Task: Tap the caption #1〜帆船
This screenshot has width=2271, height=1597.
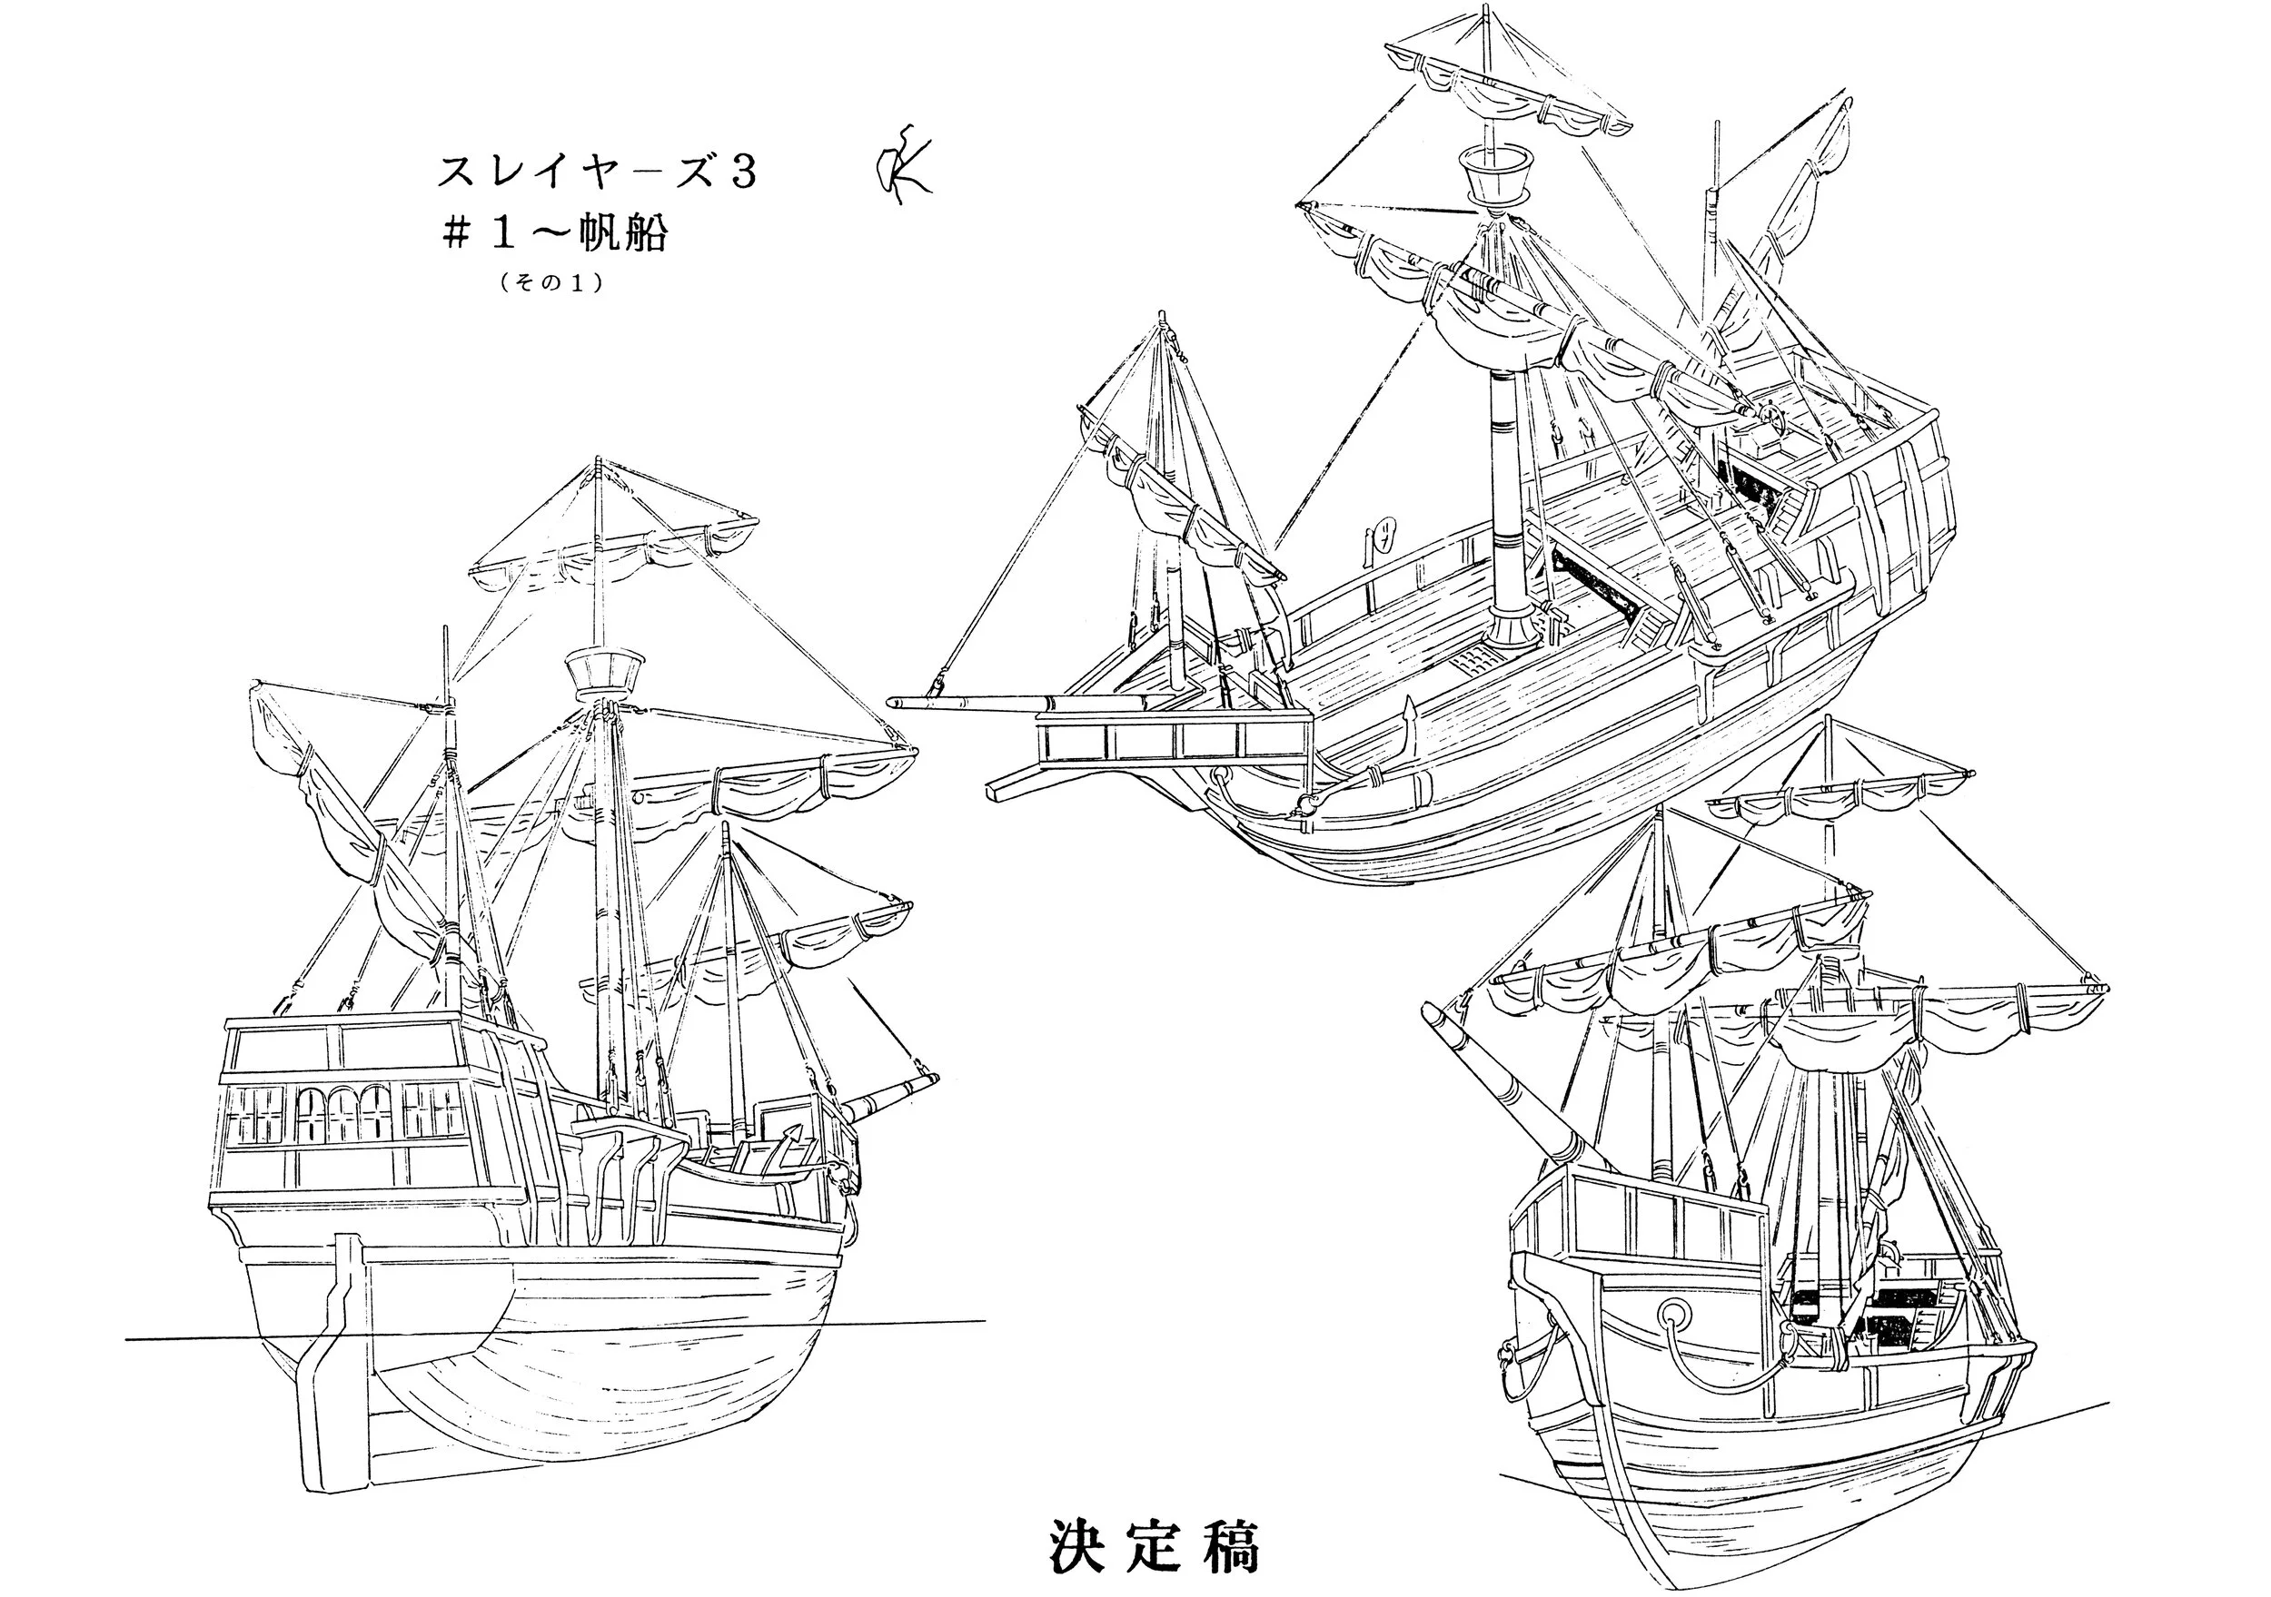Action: pyautogui.click(x=555, y=234)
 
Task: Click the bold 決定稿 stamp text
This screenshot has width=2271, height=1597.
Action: pyautogui.click(x=1154, y=1544)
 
